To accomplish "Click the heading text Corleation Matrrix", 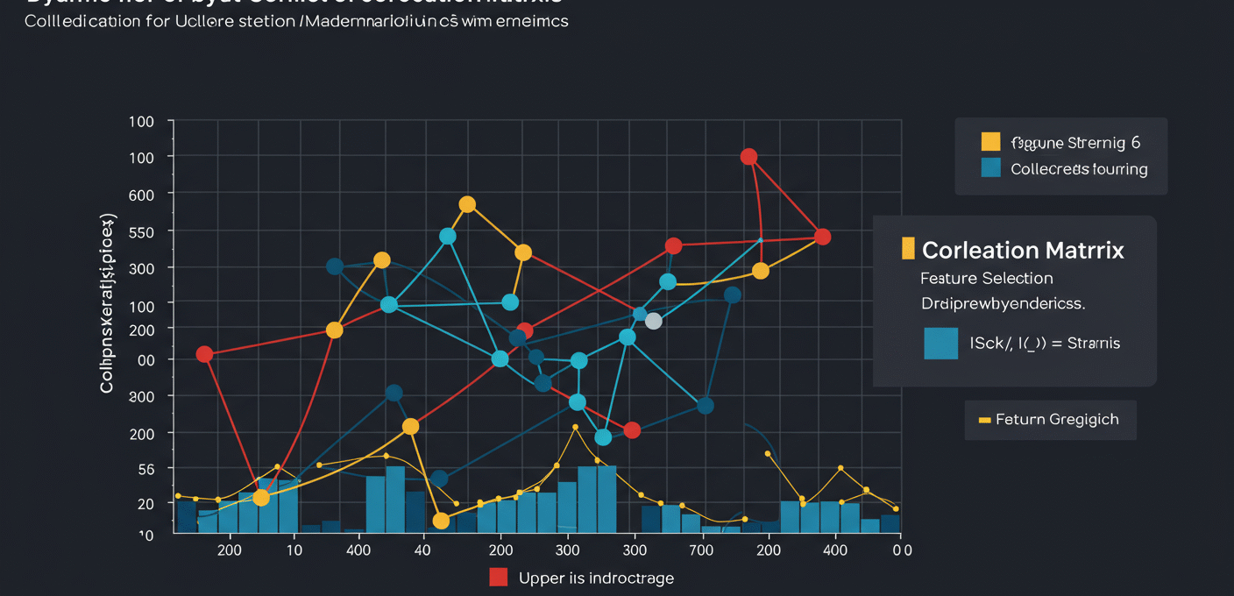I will click(x=1023, y=250).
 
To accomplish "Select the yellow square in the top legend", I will click(x=990, y=142).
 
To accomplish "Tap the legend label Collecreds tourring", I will click(x=1079, y=169).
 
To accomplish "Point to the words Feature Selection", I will click(x=986, y=278).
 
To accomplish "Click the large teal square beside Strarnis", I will click(x=941, y=343).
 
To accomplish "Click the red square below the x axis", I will click(x=499, y=577).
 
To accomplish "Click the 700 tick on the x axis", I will click(x=701, y=550).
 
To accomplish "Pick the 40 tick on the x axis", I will click(x=422, y=550).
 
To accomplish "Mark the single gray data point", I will click(x=653, y=322).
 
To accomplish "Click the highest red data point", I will click(x=748, y=157).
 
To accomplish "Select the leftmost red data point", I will click(x=204, y=354).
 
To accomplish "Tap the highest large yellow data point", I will click(x=467, y=204).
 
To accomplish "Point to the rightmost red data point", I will click(x=822, y=237).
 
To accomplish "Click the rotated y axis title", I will click(x=107, y=302).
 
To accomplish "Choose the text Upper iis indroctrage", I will click(x=596, y=578).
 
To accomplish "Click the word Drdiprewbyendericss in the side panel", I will click(x=1003, y=305).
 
